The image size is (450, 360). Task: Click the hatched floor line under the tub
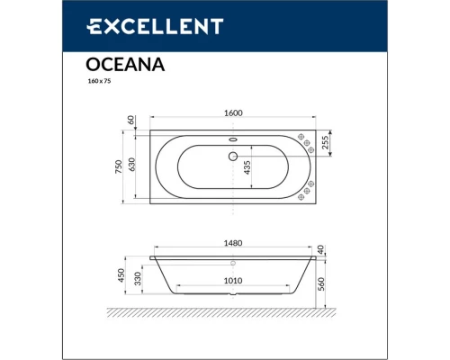[x=234, y=315]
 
